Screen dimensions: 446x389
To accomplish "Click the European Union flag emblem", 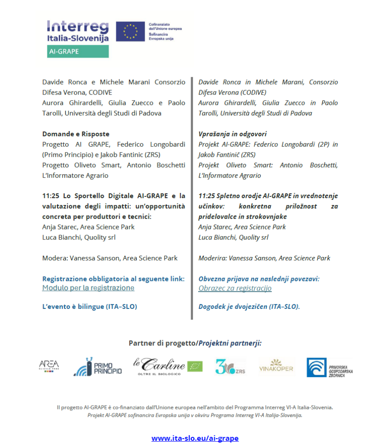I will coord(130,31).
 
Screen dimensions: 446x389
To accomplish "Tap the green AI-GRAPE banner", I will coord(78,51).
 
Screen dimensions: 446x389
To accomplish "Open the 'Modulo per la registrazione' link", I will coord(88,288).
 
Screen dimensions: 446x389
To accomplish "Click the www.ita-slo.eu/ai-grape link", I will coord(195,438).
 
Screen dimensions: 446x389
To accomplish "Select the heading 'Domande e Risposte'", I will coord(76,134).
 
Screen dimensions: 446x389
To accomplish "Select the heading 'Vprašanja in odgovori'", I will coord(233,134).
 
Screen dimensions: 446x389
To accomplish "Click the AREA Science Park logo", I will coord(49,366).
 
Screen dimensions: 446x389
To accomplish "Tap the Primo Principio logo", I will coord(98,367).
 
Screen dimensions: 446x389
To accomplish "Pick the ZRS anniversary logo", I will coord(230,367).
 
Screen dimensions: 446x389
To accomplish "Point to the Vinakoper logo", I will coord(276,367).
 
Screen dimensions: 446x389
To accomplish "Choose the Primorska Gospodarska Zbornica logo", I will coord(329,367).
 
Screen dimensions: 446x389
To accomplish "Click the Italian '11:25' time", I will coord(51,196).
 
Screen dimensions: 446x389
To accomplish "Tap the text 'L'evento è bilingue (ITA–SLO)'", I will coord(90,307).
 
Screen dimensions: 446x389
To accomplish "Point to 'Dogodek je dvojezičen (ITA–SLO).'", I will coord(249,307).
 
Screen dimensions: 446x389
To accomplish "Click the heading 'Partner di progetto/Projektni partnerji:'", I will coord(195,343).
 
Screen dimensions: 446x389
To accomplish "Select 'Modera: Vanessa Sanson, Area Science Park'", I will coord(110,258).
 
